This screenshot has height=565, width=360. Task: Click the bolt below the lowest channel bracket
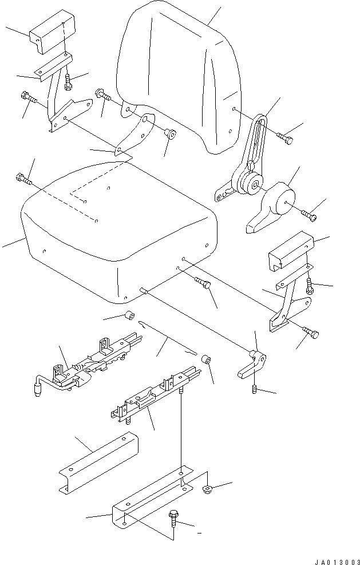(173, 521)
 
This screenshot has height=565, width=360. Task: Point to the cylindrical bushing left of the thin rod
(130, 315)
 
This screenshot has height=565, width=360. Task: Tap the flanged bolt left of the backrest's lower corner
(103, 94)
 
